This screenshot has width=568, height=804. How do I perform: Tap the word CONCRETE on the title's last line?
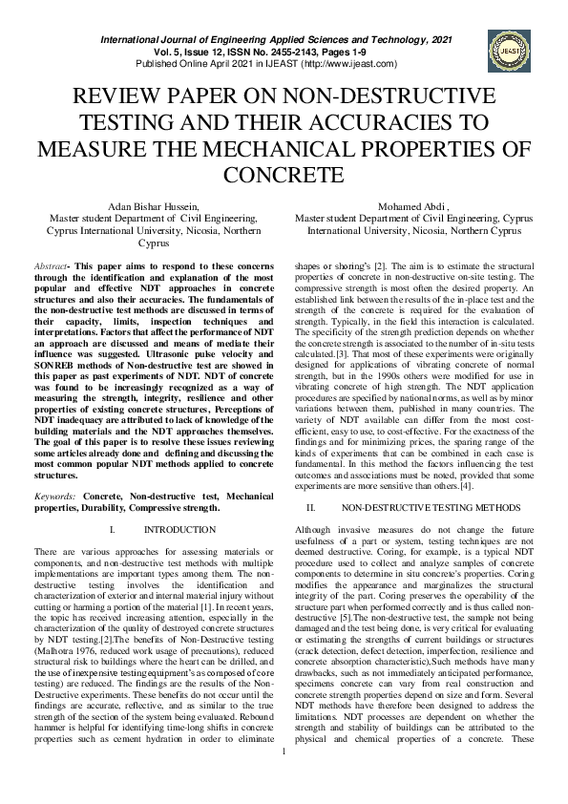[283, 175]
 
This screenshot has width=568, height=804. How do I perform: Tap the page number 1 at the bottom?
[284, 777]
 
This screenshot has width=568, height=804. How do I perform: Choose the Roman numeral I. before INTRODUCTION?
[113, 528]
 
